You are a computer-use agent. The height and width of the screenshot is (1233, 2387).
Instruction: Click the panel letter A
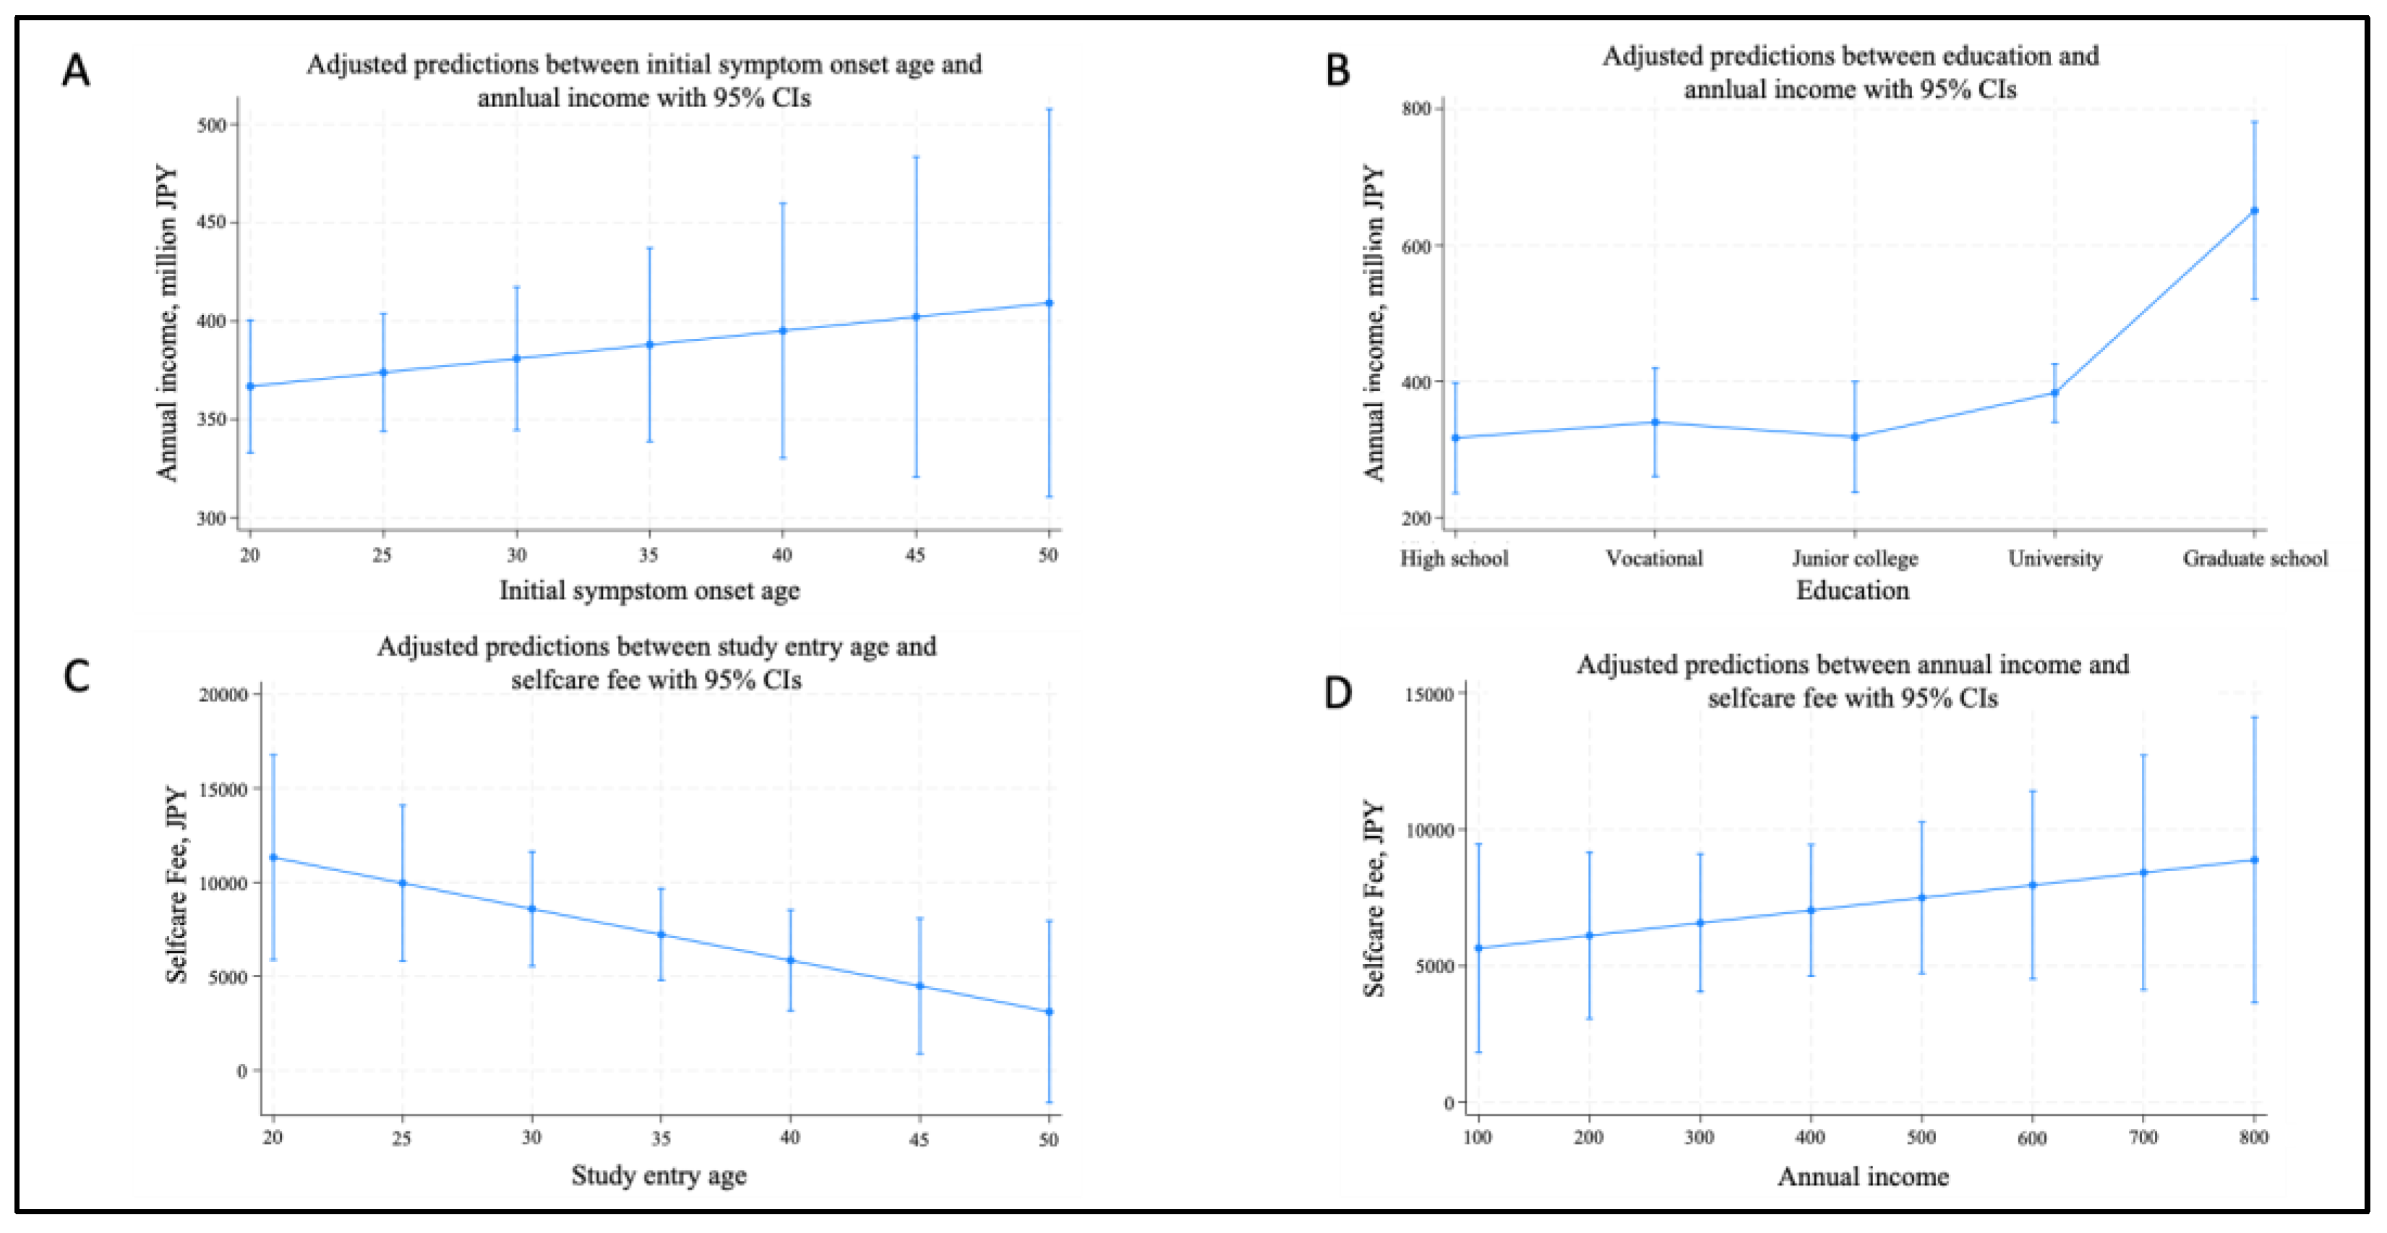(x=76, y=70)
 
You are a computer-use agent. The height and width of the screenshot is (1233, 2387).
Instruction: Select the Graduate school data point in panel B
(x=2255, y=211)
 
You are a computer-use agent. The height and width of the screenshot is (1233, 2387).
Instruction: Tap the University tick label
(x=2054, y=559)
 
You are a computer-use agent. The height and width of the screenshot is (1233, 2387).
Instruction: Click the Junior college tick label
(x=1854, y=559)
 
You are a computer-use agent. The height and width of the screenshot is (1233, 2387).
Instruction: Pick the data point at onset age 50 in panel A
(x=1049, y=303)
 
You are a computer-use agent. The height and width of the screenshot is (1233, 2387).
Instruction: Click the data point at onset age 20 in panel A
(x=250, y=386)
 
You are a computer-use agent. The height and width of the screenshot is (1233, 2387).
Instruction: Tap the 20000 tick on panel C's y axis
(x=223, y=695)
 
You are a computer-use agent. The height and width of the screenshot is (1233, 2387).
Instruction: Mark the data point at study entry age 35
(x=661, y=935)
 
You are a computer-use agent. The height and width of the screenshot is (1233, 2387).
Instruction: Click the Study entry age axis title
(x=658, y=1176)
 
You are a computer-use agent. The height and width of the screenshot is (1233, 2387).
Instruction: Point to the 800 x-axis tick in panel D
(x=2253, y=1138)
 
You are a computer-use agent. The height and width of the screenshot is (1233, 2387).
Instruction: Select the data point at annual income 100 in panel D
(x=1478, y=948)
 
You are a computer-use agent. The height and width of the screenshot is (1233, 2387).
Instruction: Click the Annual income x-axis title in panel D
(x=1862, y=1177)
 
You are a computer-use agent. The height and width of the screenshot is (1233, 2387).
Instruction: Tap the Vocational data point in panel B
(x=1655, y=422)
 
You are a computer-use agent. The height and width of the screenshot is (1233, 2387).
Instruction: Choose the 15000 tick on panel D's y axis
(x=1429, y=695)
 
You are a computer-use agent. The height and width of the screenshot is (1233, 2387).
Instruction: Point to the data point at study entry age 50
(x=1049, y=1012)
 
